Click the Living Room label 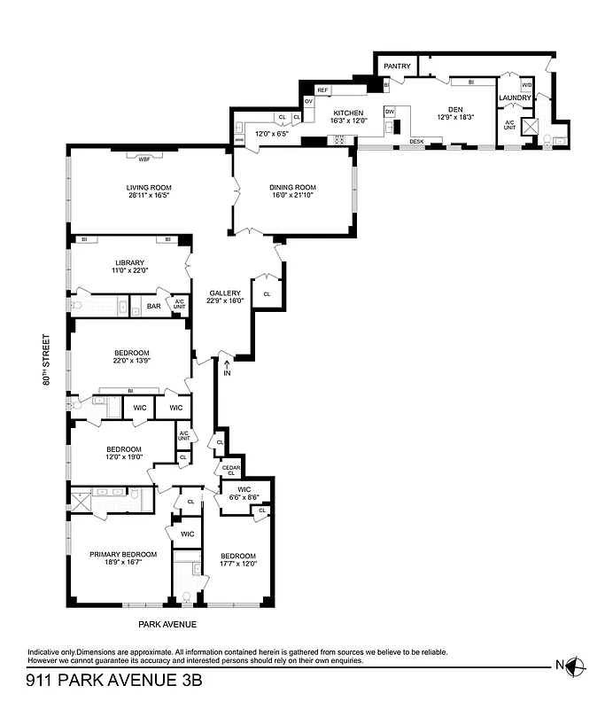point(148,187)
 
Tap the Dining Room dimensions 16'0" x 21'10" point(293,197)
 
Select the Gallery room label point(225,292)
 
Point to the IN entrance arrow point(228,364)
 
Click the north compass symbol point(576,666)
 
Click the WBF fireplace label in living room point(143,159)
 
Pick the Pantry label point(397,66)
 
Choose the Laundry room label point(515,97)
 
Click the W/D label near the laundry point(526,85)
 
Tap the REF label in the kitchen point(322,90)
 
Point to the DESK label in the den point(415,143)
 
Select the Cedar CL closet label point(230,470)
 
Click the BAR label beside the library point(153,307)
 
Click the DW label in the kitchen point(389,112)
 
